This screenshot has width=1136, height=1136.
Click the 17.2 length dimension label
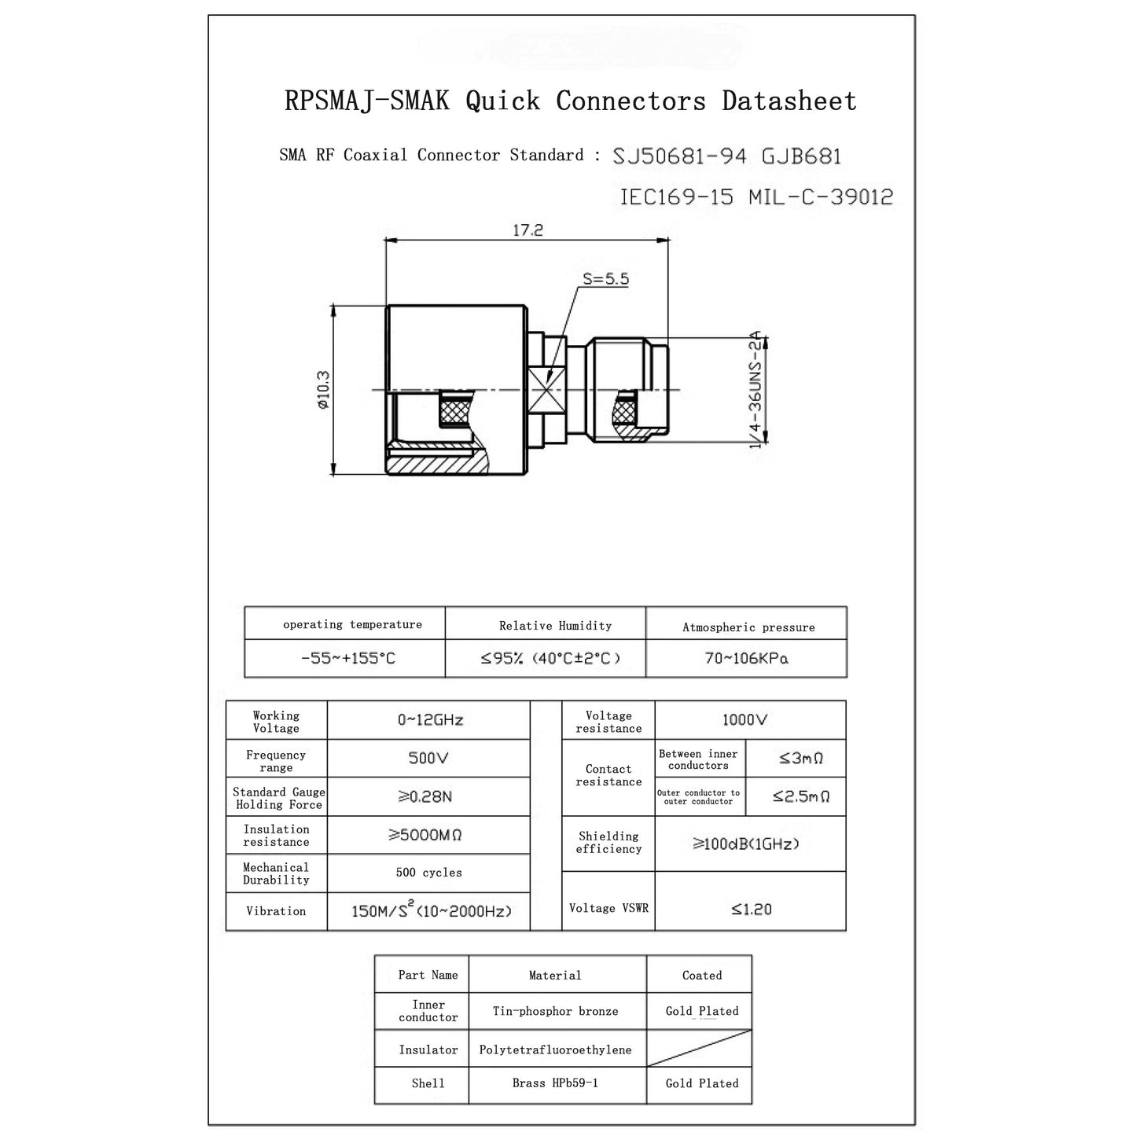pos(528,230)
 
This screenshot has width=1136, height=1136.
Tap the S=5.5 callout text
pos(605,278)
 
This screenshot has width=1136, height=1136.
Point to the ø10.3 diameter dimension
pos(323,390)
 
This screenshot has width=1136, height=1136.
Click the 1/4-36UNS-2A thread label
pos(755,389)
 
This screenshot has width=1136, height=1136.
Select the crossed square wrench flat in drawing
pos(546,390)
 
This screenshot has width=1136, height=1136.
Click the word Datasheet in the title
pos(789,101)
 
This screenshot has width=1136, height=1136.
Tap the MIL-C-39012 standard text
pos(821,197)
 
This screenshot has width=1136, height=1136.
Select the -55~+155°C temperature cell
pos(347,658)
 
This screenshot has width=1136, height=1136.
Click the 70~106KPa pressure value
pos(746,658)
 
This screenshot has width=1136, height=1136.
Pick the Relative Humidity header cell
pos(555,626)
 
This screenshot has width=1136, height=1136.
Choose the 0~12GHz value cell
pos(430,720)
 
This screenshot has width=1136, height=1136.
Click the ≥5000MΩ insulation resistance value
pos(425,835)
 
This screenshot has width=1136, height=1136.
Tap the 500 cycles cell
pos(428,873)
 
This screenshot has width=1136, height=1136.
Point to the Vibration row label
pos(276,911)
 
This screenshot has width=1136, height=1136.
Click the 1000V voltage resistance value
pos(744,720)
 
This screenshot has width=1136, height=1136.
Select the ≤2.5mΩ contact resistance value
pos(800,796)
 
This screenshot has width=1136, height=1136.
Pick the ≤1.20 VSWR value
pos(751,909)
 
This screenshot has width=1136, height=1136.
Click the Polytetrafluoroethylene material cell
pos(555,1050)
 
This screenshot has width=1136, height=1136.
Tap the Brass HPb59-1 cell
pos(555,1083)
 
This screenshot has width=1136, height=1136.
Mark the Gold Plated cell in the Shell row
pos(701,1083)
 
